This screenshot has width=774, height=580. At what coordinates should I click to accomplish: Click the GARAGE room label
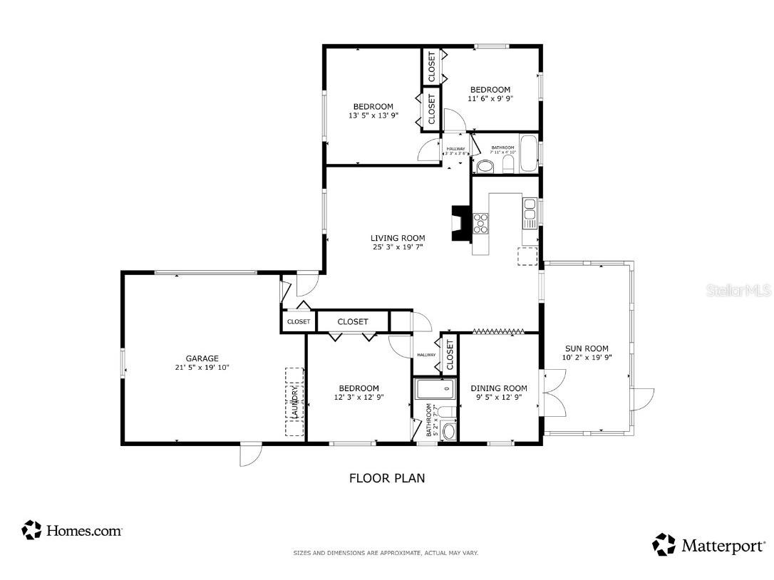coord(202,358)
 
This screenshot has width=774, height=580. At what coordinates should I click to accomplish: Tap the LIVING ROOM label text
coord(398,238)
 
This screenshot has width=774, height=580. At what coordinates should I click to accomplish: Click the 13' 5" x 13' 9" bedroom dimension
coord(373,115)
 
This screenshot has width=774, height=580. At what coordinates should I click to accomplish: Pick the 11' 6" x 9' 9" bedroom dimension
coord(490,99)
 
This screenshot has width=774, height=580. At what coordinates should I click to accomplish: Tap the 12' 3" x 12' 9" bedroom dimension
coord(360,398)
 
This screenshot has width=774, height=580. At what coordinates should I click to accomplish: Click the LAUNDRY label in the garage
coord(294,403)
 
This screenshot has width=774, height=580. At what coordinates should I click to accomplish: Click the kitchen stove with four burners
coord(482,224)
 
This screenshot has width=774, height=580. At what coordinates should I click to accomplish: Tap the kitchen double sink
coord(530,213)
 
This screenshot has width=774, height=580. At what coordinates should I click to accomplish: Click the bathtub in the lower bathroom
coord(434,389)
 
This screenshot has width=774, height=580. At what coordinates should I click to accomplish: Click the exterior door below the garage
coord(251,455)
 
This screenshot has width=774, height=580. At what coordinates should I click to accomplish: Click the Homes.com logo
coord(72,530)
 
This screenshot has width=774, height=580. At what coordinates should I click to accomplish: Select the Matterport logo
coord(708,546)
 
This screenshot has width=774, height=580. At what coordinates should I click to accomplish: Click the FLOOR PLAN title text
coord(386,478)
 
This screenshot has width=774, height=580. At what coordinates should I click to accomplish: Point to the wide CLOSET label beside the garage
coord(353,321)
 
